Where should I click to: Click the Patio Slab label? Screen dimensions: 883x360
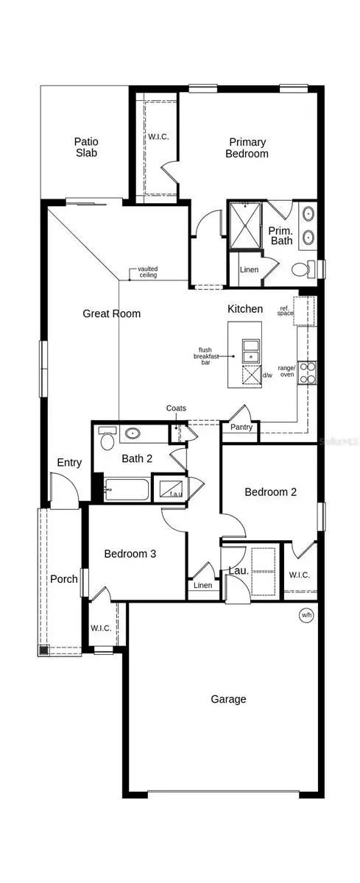pos(85,147)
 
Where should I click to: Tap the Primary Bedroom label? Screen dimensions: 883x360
pos(247,148)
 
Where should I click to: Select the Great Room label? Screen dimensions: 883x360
pos(111,313)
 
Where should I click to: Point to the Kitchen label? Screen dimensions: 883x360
pos(244,309)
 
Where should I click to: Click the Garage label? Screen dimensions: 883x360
pos(228,699)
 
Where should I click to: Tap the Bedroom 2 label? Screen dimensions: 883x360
pos(270,492)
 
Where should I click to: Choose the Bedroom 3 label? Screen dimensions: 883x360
pos(130,554)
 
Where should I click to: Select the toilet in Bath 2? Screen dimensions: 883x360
pos(107,440)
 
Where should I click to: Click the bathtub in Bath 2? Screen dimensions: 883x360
pos(127,489)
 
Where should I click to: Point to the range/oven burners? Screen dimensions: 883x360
pos(307,373)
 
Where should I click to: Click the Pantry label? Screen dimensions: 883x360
pos(241,427)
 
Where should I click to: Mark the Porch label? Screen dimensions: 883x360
pos(64,579)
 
